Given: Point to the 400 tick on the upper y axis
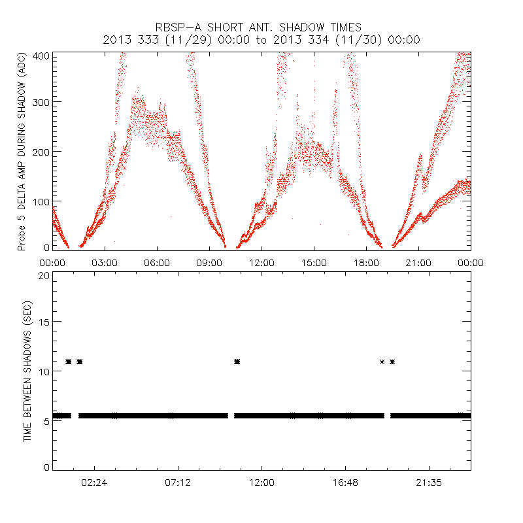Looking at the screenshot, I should [41, 56].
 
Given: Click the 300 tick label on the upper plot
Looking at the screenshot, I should [41, 102].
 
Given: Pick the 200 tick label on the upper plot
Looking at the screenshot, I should [41, 151].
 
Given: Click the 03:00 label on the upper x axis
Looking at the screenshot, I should [105, 262].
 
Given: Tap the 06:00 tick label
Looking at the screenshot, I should [157, 262].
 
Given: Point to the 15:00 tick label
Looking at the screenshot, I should [314, 262].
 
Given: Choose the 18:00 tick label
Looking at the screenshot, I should [366, 262].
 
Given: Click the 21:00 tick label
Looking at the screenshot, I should [418, 262].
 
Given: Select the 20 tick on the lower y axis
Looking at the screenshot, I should [44, 275].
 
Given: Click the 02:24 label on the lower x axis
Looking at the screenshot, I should [94, 482].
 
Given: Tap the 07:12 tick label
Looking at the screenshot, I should [178, 482].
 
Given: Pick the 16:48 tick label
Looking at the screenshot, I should [345, 482].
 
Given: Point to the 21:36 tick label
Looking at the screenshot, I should [429, 482].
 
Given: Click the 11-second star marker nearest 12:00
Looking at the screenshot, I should [237, 362].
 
